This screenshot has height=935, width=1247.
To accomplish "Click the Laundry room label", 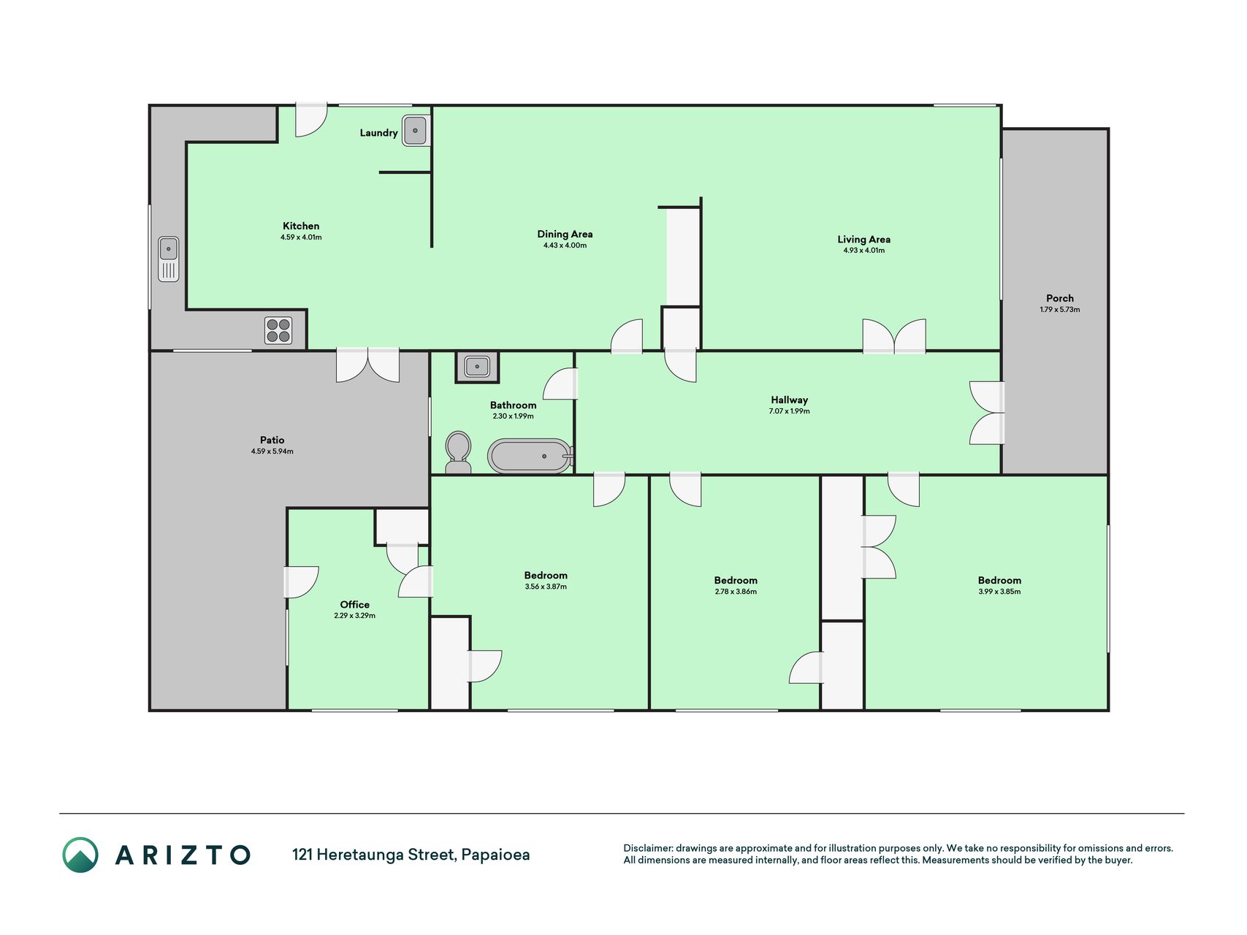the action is pos(378,133).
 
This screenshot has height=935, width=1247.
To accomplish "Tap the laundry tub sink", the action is pos(415,131).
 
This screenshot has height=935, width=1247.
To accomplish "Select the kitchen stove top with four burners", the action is pos(278,330).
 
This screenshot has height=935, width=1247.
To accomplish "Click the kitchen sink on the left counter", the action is pos(169,259).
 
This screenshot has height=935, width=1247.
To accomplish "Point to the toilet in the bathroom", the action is pos(458,453).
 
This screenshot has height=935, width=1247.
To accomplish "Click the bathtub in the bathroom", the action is pos(530,456).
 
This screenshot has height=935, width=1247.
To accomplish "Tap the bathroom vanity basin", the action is pos(477,367).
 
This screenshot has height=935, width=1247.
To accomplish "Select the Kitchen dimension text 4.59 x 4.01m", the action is pos(301,237).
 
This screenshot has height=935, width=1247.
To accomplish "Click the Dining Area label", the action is pos(565,234).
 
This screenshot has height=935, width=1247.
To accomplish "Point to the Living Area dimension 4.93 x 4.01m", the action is pos(863,251).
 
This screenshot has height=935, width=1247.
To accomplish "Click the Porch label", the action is pos(1060,298).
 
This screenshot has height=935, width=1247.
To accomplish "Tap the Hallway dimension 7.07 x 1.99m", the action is pos(789,411).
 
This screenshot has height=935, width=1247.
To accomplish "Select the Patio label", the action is pos(272,440).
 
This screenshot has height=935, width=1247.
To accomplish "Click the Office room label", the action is pos(354,604).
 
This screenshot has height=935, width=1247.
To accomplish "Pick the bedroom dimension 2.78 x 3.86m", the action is pos(736,592).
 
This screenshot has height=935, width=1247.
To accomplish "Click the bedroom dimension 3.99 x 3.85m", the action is pos(999,592).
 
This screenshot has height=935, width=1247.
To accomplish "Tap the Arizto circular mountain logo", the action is pos(80,855).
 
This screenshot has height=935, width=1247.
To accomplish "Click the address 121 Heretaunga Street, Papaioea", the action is pos(411,855).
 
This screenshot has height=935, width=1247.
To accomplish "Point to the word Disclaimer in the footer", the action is pos(648,848).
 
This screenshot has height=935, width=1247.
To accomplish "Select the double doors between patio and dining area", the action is pos(367,365).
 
